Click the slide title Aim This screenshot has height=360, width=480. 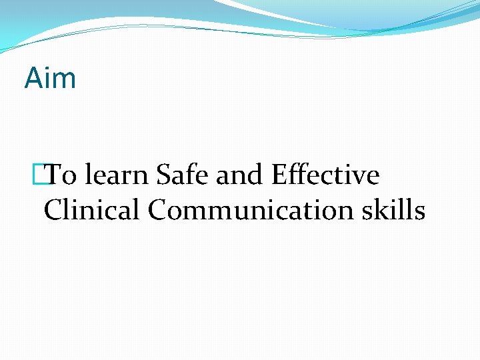click(x=50, y=78)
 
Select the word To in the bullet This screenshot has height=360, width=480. click(x=62, y=176)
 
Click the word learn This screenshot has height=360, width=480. click(x=117, y=176)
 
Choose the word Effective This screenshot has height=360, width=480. click(x=325, y=176)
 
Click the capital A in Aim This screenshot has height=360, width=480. click(x=33, y=78)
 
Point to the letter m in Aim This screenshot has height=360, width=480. click(x=65, y=80)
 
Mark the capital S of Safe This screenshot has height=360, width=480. click(x=163, y=176)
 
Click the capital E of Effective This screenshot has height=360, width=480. click(x=279, y=176)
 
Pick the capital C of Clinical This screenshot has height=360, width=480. click(x=53, y=211)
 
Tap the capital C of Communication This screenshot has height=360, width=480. click(x=158, y=211)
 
